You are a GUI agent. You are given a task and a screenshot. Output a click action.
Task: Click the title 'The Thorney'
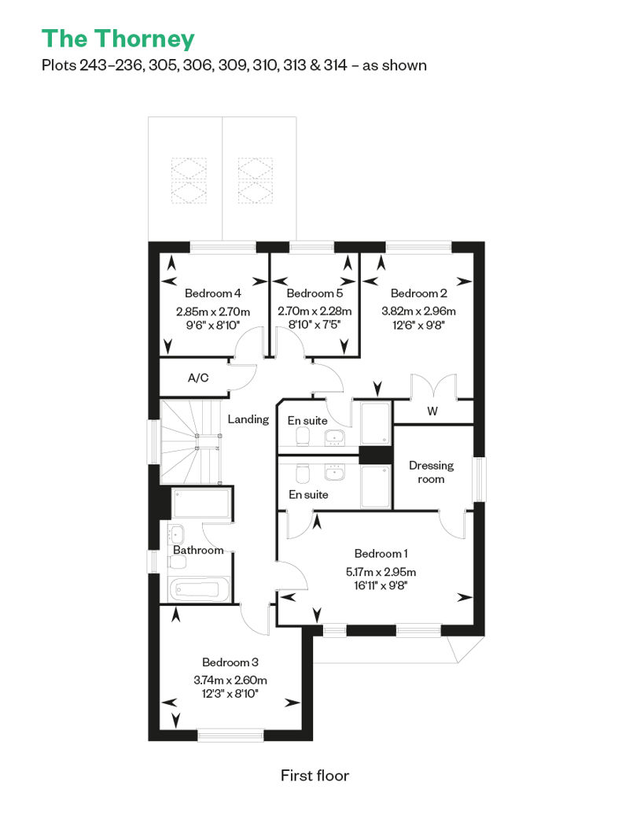tap(119, 39)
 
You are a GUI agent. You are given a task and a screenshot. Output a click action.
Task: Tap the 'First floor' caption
tap(314, 776)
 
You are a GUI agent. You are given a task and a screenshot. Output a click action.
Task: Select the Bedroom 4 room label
tap(213, 293)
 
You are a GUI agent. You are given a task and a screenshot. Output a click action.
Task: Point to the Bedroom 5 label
tap(314, 293)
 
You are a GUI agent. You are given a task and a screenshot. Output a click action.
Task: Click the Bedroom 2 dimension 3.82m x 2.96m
tap(418, 312)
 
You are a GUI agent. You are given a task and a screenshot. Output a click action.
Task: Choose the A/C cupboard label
tap(198, 378)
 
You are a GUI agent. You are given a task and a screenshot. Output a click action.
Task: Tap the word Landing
tap(248, 419)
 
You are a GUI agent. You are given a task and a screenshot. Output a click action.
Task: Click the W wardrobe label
tap(432, 411)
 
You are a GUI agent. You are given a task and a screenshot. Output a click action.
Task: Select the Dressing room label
tap(431, 472)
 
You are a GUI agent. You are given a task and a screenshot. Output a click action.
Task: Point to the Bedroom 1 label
tap(381, 554)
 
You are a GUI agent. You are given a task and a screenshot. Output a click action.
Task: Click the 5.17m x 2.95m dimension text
tap(381, 572)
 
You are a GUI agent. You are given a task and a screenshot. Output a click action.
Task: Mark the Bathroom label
tap(198, 550)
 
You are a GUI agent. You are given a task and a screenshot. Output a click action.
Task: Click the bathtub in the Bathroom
tap(199, 589)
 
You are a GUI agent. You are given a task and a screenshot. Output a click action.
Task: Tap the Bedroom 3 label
tap(230, 662)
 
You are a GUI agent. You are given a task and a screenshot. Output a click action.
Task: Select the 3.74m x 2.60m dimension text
tap(230, 680)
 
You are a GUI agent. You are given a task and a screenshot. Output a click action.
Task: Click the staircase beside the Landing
tap(191, 442)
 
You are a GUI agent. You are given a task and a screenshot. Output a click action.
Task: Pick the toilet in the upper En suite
tap(303, 438)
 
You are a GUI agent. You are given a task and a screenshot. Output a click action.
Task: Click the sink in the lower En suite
tap(333, 473)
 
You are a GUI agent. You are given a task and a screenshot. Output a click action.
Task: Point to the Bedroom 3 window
tap(230, 735)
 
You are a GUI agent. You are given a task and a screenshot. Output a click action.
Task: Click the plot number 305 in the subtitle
tap(163, 65)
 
